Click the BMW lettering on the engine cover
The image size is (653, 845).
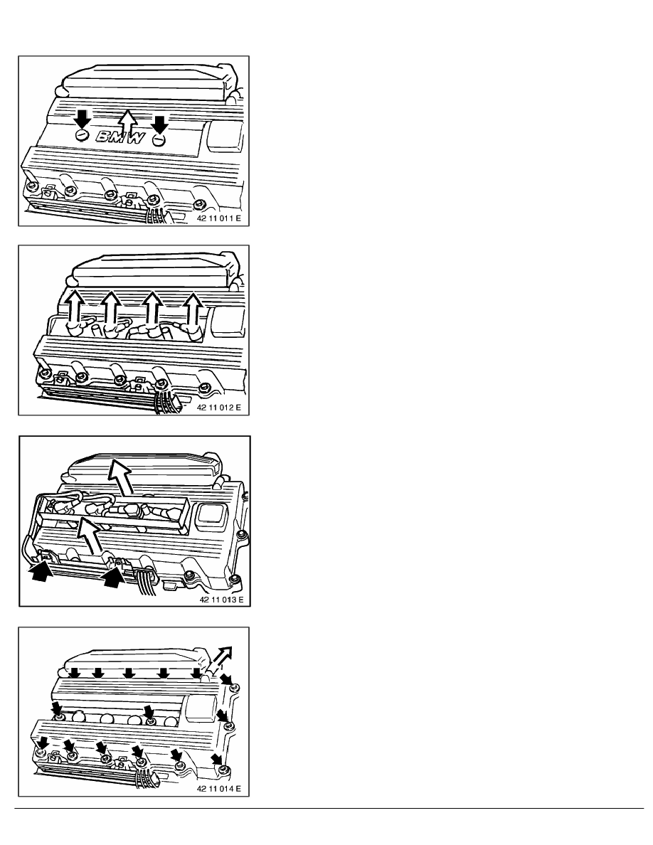(121, 137)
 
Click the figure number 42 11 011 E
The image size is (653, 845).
(219, 219)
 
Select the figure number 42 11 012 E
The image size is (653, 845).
(219, 408)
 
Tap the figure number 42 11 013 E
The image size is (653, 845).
(221, 600)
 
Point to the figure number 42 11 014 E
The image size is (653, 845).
(219, 789)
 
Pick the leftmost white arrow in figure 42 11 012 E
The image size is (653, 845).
(75, 308)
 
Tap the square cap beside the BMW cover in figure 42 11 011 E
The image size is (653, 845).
(224, 134)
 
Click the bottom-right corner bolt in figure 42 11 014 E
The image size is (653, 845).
(225, 770)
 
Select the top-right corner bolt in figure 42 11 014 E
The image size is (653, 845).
(234, 689)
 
